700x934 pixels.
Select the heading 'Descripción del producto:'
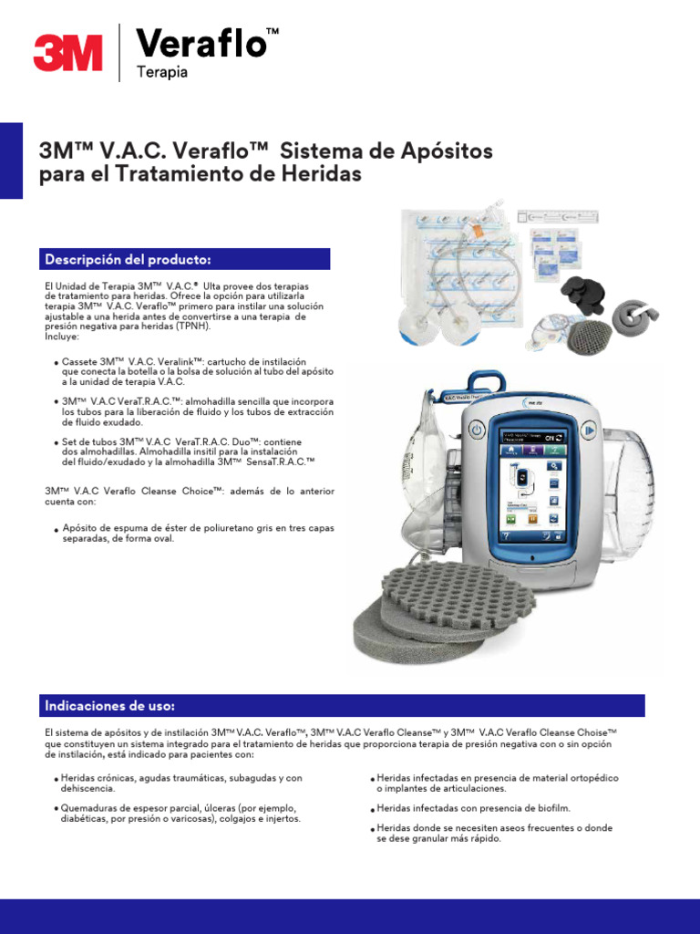(x=128, y=259)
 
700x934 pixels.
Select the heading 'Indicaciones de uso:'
(x=110, y=706)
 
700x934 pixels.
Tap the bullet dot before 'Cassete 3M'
(x=57, y=363)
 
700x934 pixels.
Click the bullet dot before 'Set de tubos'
(x=57, y=443)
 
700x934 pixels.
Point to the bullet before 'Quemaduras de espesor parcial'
(x=57, y=809)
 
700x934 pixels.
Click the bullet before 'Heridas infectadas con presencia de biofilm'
(x=372, y=809)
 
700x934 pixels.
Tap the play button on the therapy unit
(x=591, y=429)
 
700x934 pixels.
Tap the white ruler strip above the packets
(x=559, y=217)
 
